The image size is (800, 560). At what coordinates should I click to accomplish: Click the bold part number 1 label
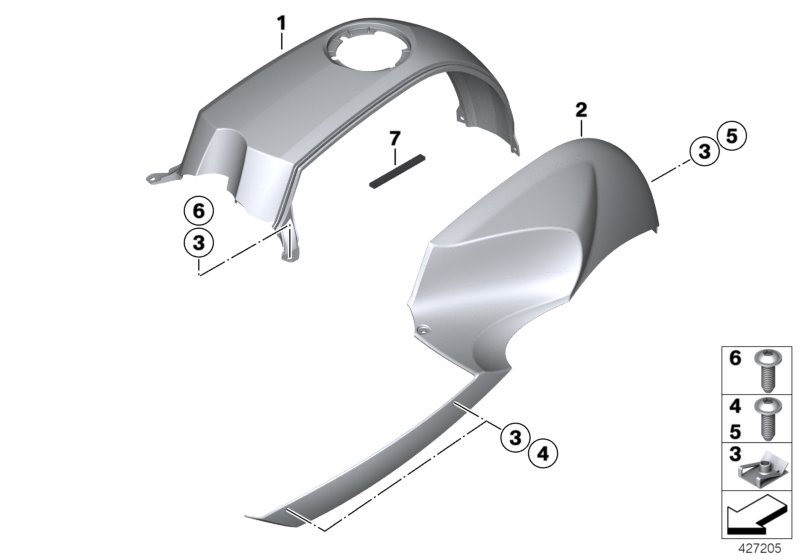coord(281,20)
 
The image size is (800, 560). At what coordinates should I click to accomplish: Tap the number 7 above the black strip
coord(394,136)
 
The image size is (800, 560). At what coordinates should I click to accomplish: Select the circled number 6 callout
coord(198,211)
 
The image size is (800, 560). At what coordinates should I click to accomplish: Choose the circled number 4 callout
coord(543,454)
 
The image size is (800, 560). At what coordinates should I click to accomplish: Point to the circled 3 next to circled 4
coord(514,437)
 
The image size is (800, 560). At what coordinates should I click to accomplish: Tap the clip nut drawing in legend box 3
coord(767,472)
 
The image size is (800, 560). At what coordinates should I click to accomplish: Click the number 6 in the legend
coord(734,357)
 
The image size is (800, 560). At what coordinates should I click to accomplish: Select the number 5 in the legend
coord(734,430)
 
